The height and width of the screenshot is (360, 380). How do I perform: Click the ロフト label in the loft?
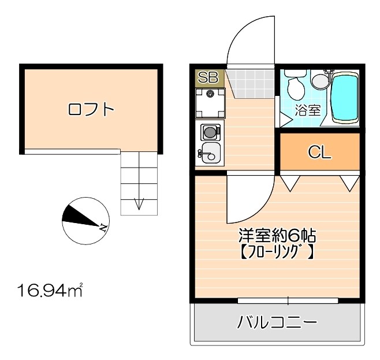pos(91,109)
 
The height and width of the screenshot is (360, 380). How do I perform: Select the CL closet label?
pos(319,152)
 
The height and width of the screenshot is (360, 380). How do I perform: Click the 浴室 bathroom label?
pos(308,110)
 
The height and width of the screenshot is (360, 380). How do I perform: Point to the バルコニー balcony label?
pos(277,322)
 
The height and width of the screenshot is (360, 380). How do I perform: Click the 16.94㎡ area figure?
pos(50,289)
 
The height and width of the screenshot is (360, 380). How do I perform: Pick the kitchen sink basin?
pos(208,154)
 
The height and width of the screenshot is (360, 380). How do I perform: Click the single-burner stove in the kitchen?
pos(210,132)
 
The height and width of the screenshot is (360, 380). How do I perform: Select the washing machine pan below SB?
pos(209,103)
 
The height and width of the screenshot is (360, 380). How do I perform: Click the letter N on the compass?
pos(102,227)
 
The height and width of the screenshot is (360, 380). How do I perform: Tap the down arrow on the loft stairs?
pos(139,203)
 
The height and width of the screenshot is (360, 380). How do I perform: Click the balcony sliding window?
pos(288,300)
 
